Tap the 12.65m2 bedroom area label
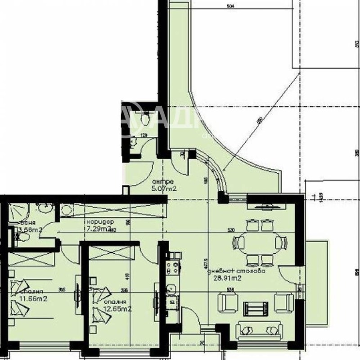(x=118, y=309)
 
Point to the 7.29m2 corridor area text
(x=99, y=228)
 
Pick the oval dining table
(x=259, y=243)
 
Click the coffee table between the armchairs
(x=255, y=308)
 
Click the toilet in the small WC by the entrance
(x=145, y=118)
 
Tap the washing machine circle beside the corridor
(x=67, y=210)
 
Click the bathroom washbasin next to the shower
(x=44, y=208)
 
